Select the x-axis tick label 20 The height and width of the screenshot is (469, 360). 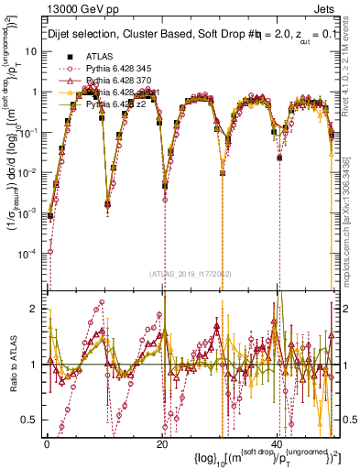point(162,442)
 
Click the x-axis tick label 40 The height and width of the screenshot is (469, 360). point(278,442)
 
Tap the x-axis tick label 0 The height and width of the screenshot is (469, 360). point(47,442)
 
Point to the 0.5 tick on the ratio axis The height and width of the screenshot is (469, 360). point(32,420)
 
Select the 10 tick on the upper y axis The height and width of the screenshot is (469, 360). point(31,51)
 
